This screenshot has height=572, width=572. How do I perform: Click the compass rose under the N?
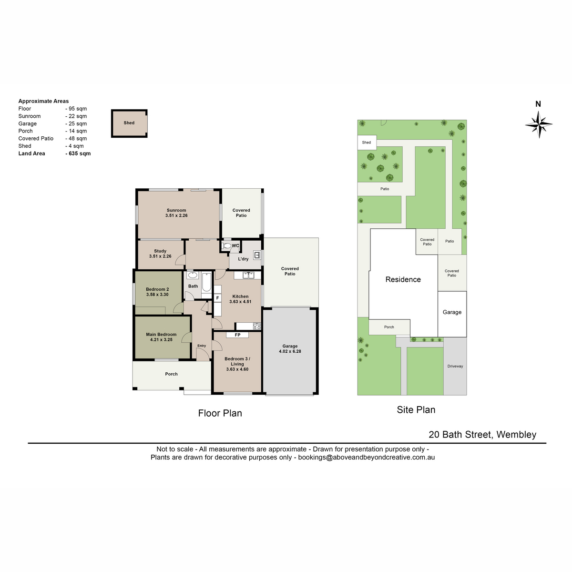538,124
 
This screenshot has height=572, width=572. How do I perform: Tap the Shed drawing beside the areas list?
129,123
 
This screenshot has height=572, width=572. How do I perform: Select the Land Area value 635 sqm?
78,153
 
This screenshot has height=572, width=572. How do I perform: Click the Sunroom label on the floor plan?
176,210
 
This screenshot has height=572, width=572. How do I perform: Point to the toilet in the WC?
226,246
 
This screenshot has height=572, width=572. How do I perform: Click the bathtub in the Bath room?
206,283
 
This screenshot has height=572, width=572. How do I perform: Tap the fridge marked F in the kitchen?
217,298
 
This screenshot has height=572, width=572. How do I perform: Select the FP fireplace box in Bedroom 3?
237,335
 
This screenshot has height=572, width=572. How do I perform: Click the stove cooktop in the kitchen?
257,326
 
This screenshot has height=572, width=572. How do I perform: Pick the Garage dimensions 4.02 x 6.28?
290,351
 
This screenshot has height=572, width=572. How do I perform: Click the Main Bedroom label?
161,335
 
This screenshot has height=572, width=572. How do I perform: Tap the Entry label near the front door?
202,346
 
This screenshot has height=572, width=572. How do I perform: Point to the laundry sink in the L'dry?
257,255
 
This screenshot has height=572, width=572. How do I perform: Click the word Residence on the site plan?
403,279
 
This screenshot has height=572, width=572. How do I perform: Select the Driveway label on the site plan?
455,366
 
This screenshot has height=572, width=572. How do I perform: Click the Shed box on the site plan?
367,143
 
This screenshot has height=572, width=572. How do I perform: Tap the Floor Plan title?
220,413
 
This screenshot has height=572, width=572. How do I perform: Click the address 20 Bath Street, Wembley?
482,435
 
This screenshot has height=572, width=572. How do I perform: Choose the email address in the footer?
366,458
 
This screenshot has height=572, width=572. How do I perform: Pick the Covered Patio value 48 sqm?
76,139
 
